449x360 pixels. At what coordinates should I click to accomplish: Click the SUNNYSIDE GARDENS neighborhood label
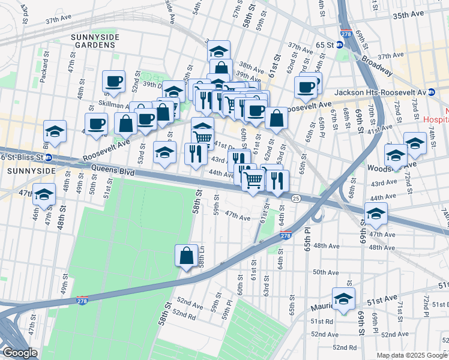tap(95, 43)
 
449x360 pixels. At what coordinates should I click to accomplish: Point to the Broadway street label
tap(377, 66)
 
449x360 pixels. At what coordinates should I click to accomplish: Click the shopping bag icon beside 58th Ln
tap(187, 256)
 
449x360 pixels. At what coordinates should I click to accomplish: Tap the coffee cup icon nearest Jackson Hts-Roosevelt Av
tap(306, 87)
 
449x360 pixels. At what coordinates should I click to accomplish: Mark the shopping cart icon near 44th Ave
tap(253, 179)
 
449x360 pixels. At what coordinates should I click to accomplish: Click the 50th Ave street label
tap(325, 272)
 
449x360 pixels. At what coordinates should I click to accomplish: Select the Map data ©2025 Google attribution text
tap(411, 355)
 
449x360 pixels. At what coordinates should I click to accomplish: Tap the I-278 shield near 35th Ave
tap(346, 34)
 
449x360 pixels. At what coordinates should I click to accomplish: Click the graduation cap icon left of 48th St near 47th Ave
tap(44, 194)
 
